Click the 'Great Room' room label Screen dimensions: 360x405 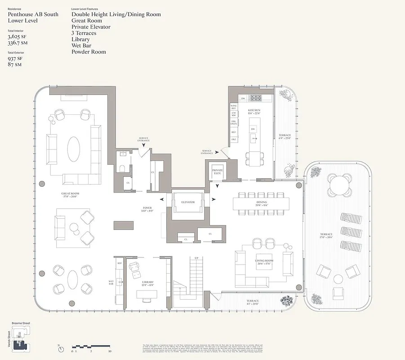tap(70, 195)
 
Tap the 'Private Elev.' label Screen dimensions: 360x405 tap(218, 171)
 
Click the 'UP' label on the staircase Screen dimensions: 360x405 tap(196, 258)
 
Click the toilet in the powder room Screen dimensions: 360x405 tap(123, 169)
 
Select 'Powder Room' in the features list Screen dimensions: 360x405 tap(89, 52)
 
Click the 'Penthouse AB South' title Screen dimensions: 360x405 tap(33, 14)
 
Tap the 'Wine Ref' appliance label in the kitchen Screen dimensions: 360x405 tap(233, 107)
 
